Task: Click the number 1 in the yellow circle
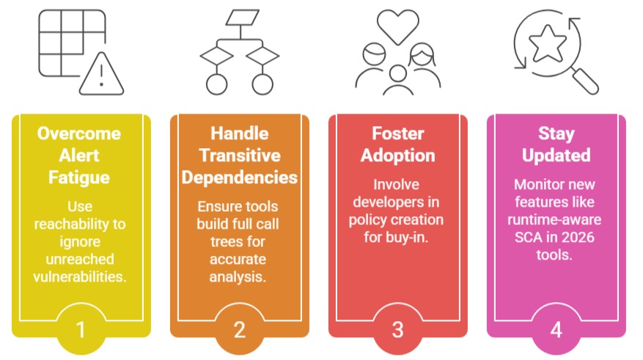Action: tap(81, 329)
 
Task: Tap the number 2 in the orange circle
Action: tap(239, 329)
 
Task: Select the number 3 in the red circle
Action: tap(398, 329)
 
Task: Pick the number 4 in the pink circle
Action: tap(556, 329)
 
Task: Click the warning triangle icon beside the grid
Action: tap(101, 76)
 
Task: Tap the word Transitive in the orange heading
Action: tap(240, 155)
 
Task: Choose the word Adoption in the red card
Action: tap(398, 155)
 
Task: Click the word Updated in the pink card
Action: tap(556, 155)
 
